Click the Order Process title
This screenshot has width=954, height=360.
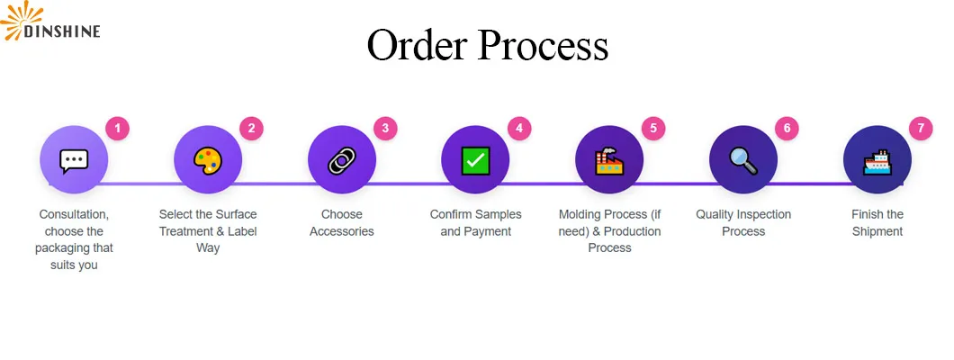[x=487, y=45]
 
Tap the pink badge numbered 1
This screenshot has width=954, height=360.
[x=117, y=129]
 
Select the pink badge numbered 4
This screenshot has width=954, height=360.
[x=519, y=129]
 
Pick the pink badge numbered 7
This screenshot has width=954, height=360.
[x=920, y=129]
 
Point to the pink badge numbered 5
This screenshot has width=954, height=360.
[x=653, y=129]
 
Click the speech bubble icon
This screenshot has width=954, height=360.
[x=74, y=161]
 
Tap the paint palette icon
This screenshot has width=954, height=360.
[x=208, y=161]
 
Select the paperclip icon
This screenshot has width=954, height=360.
[x=342, y=161]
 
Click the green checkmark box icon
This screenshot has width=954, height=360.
[x=475, y=161]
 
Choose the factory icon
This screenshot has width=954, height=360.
[x=609, y=161]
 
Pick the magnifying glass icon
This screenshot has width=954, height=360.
[x=743, y=161]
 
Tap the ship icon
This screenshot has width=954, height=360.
[x=877, y=161]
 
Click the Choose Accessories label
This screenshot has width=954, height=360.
[x=342, y=223]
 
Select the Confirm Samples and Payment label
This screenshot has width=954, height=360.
[x=475, y=223]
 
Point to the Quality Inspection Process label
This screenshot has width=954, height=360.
[x=743, y=223]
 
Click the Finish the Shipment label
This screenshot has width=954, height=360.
[x=877, y=223]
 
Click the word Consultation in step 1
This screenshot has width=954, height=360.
[x=74, y=215]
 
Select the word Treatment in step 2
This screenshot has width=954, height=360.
[x=189, y=231]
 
